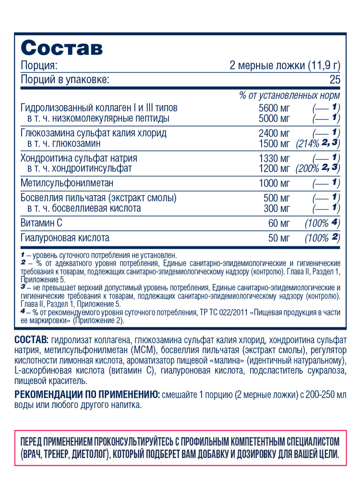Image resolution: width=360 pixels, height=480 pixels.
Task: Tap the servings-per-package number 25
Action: click(335, 80)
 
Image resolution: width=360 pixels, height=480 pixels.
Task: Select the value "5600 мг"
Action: click(274, 107)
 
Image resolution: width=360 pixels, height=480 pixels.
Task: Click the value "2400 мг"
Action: click(274, 133)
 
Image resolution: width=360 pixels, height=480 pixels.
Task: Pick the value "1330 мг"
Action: click(274, 158)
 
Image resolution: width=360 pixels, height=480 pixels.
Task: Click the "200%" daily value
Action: click(307, 169)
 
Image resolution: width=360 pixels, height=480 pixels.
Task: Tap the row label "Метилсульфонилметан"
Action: click(70, 183)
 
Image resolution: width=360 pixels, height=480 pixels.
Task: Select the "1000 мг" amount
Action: click(274, 183)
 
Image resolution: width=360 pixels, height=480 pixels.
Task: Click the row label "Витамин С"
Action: click(42, 223)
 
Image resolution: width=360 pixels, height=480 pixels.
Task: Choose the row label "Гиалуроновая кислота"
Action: click(65, 237)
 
